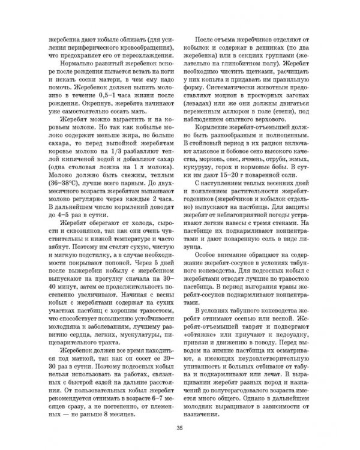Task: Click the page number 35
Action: click(x=179, y=427)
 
